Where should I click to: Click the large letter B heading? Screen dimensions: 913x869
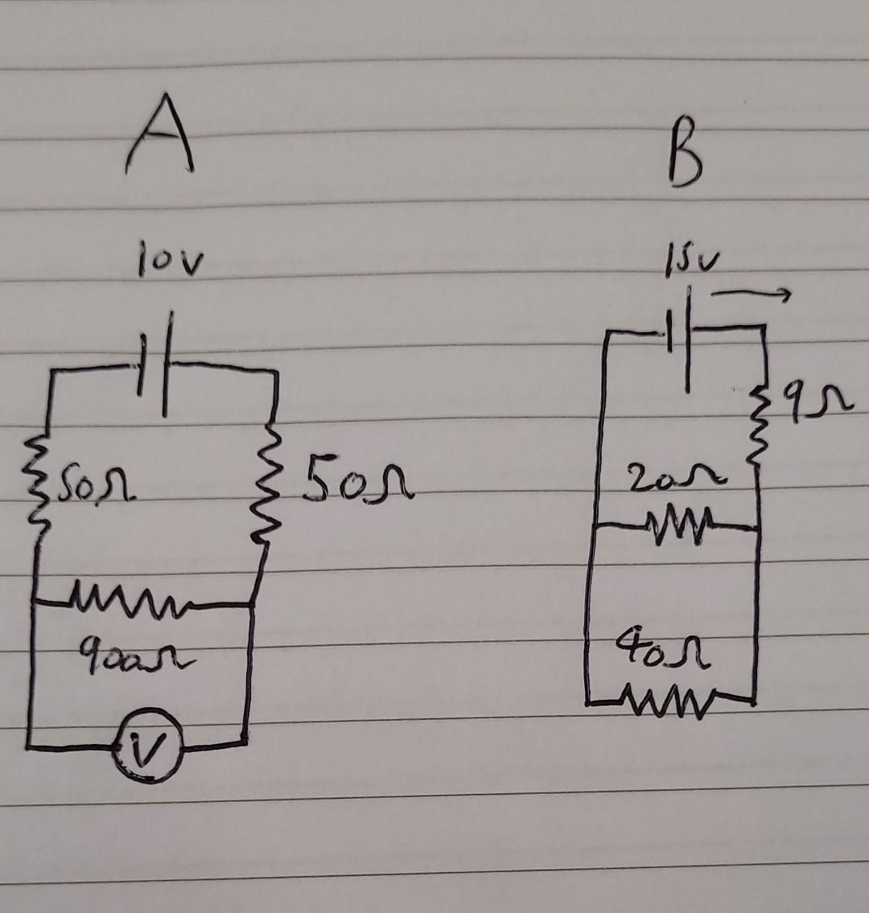click(x=686, y=161)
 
